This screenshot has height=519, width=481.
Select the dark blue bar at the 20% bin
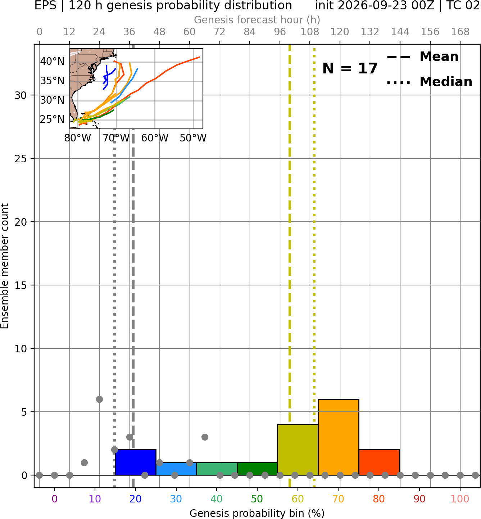click(x=135, y=462)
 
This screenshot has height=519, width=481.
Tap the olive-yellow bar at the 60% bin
click(x=298, y=450)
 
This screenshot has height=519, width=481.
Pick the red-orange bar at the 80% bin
click(x=379, y=462)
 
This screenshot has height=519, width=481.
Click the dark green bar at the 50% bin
click(x=257, y=469)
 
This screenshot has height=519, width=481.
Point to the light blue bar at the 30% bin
click(x=176, y=469)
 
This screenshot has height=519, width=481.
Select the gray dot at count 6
click(x=99, y=399)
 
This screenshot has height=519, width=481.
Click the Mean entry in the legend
click(x=422, y=57)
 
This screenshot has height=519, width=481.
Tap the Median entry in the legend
click(x=429, y=82)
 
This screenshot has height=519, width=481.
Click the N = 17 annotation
click(x=350, y=68)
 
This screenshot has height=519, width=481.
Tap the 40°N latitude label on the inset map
click(x=52, y=61)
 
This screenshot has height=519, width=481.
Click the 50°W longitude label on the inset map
click(x=193, y=138)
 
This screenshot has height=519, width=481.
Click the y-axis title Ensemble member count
click(x=5, y=266)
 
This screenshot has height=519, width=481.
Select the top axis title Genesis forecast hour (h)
click(x=257, y=20)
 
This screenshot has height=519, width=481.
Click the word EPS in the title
click(x=45, y=5)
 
